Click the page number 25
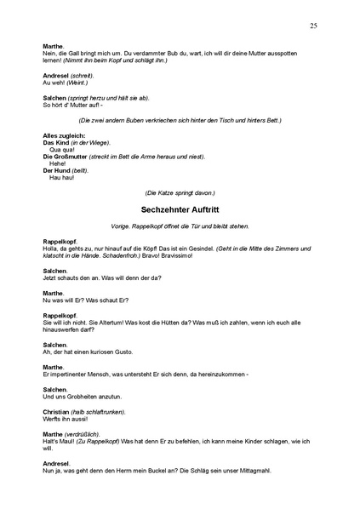313,26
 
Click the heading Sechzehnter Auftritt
180,208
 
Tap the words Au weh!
54,83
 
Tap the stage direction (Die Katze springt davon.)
180,192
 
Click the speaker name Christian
58,411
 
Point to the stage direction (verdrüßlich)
88,433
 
